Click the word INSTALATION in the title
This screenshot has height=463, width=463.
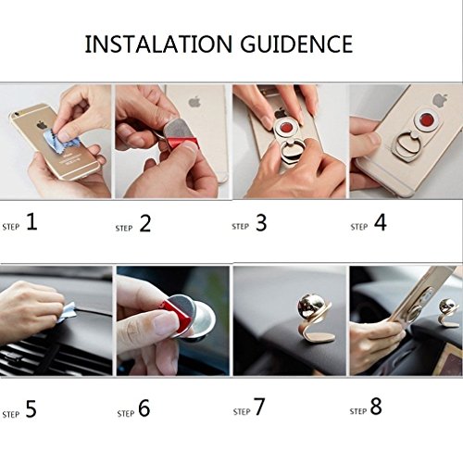(x=158, y=44)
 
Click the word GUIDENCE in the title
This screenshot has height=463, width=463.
(x=296, y=44)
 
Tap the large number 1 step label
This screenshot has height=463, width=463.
(x=31, y=221)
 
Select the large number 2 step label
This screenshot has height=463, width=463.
(x=145, y=223)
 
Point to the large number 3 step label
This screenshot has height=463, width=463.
(x=261, y=222)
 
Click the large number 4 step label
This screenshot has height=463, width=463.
(x=381, y=222)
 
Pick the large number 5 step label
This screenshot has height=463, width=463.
(x=31, y=409)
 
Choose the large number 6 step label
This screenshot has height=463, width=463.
(x=144, y=407)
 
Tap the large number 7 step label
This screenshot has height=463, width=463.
(x=259, y=407)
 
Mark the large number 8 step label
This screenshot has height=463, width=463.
(x=376, y=407)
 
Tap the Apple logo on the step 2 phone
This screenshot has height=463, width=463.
(x=194, y=102)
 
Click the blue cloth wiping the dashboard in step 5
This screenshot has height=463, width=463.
(x=67, y=312)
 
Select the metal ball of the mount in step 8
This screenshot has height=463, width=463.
(x=446, y=307)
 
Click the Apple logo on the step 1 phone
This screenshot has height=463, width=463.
(x=42, y=124)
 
